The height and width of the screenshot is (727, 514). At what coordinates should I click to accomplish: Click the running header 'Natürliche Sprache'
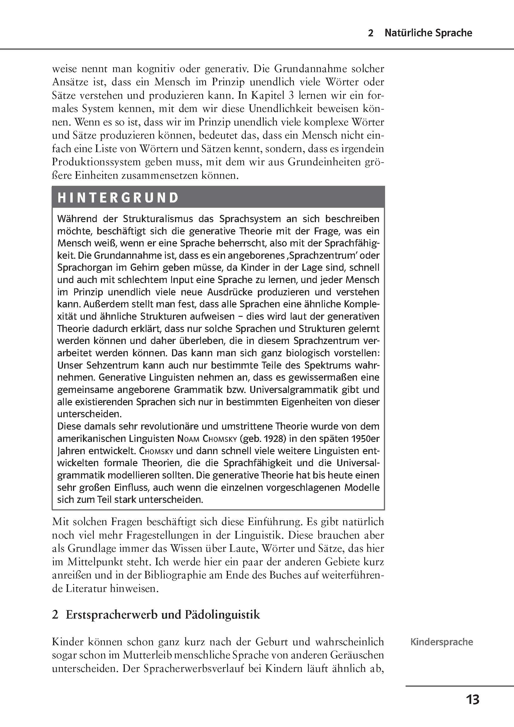click(x=428, y=33)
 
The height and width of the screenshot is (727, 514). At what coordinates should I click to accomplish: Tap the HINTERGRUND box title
click(x=118, y=198)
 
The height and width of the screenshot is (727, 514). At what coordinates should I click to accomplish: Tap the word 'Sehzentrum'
click(x=105, y=365)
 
